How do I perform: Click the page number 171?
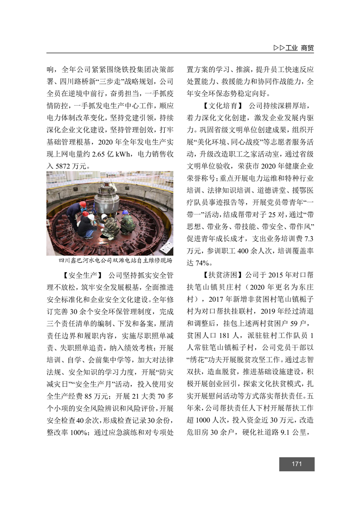[x=297, y=464]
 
